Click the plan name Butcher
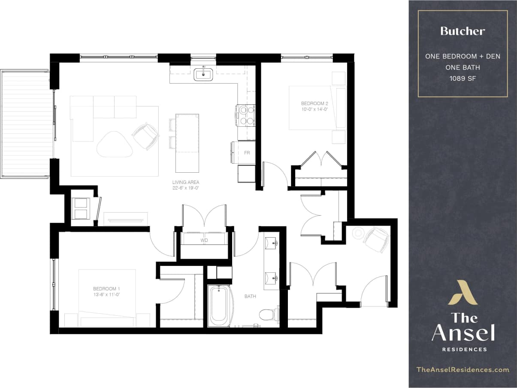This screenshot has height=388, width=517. pos(463,31)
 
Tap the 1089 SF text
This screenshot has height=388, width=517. pos(463,79)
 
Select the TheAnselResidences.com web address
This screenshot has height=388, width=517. pos(463,370)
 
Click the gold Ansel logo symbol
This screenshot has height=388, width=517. pos(463,293)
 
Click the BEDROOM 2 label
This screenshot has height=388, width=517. pos(314,104)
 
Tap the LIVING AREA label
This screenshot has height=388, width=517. pos(185,182)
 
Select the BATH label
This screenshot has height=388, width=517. pos(251,296)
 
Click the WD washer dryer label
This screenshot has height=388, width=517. pos(204,241)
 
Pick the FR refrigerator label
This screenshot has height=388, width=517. pos(247,153)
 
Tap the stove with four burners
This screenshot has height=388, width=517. pos(245,116)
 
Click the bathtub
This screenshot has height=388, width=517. pos(219,306)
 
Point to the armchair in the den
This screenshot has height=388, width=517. pos(375,239)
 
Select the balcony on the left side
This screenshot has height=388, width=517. pos(27,123)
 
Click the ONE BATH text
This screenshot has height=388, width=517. pos(463,67)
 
